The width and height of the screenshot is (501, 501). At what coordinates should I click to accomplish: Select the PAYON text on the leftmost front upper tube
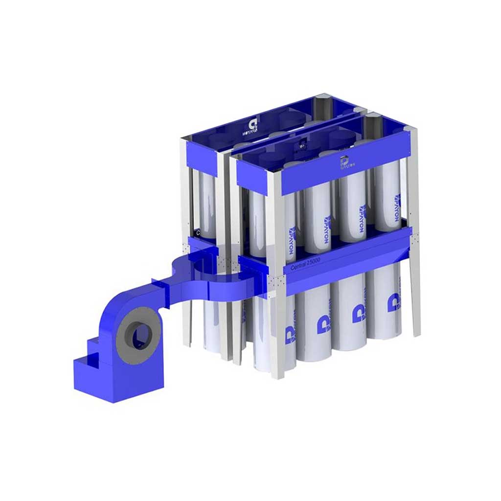pos(293,238)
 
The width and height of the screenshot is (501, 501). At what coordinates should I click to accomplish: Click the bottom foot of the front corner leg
pos(276,374)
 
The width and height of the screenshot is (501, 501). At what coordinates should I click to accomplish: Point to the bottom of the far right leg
pos(416,333)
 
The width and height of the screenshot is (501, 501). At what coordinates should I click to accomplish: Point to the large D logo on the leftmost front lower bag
pos(323,325)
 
